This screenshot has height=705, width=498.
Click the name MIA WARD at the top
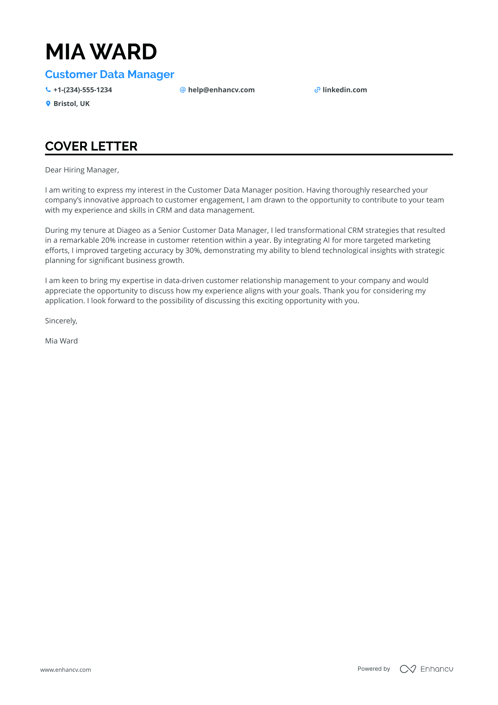click(x=101, y=52)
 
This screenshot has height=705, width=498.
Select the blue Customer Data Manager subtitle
click(x=109, y=75)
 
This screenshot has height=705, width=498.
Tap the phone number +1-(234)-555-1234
click(x=83, y=90)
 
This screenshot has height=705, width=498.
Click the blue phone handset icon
click(x=48, y=90)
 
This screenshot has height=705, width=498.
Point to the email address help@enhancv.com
click(x=221, y=90)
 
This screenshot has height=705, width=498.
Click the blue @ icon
click(x=183, y=90)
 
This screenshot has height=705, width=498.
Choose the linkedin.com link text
click(x=345, y=90)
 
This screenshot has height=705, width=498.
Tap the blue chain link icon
click(x=317, y=90)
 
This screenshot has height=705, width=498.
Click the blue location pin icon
click(x=48, y=104)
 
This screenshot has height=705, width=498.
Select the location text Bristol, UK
click(x=72, y=104)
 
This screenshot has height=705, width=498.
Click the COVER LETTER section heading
click(x=91, y=146)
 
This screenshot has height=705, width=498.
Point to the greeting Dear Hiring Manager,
click(x=82, y=170)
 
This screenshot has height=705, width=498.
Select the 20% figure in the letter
click(x=108, y=240)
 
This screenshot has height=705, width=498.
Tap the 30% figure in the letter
click(x=193, y=251)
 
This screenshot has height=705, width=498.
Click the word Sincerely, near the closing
click(x=61, y=321)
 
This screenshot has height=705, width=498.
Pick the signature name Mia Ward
click(x=61, y=341)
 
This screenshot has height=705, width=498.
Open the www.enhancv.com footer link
click(x=66, y=670)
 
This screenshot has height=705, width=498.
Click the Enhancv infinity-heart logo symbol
click(x=408, y=669)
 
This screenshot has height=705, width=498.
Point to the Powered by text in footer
click(x=374, y=669)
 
